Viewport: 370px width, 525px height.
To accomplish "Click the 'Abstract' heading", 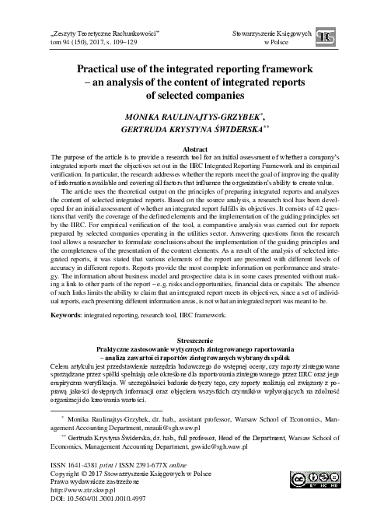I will [x=184, y=147].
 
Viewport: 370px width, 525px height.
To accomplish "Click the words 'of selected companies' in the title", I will [x=184, y=95].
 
